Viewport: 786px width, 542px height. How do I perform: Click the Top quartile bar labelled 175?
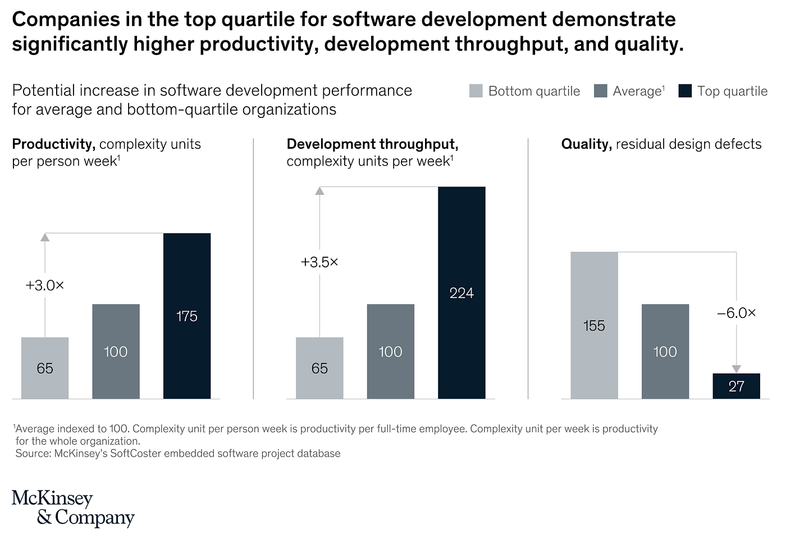pos(187,316)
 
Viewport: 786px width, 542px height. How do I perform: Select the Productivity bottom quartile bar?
pos(45,368)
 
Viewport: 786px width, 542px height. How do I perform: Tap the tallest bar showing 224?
pos(461,293)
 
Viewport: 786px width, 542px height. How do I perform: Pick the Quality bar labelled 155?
pos(594,325)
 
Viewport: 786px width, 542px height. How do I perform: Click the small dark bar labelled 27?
pos(736,386)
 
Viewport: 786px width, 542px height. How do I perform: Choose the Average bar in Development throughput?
pos(390,351)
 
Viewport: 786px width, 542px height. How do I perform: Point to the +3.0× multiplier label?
pos(45,285)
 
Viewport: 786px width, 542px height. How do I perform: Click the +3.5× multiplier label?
pos(319,262)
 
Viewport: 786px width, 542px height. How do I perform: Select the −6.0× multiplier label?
pos(736,313)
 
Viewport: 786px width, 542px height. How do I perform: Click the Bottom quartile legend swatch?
pos(476,91)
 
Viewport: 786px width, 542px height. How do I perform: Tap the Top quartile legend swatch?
pos(685,91)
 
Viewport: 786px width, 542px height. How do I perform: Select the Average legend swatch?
pos(601,91)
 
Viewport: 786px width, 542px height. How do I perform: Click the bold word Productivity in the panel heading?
pos(53,144)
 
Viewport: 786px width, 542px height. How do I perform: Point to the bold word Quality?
pos(586,144)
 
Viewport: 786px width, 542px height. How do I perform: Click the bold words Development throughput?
pos(372,144)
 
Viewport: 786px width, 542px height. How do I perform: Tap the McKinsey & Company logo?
pos(73,508)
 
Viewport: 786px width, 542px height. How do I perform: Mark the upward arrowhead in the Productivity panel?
pos(45,238)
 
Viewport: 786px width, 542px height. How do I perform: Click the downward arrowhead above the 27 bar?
pos(736,368)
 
